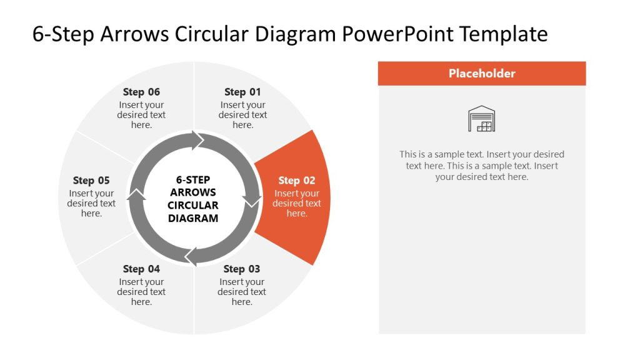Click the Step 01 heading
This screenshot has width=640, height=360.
(x=242, y=92)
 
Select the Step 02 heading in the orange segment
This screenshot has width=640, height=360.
(x=297, y=181)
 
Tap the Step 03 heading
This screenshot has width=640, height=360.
(x=241, y=269)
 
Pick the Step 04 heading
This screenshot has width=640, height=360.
(x=141, y=269)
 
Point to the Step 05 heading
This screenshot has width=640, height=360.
(x=91, y=181)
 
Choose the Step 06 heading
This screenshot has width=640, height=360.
(x=141, y=92)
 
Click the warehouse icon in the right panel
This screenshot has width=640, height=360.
(x=481, y=119)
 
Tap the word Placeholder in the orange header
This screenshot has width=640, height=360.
(x=482, y=73)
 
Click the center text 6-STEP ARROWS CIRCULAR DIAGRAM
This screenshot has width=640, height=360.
(x=193, y=199)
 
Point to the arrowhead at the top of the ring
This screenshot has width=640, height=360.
(x=199, y=140)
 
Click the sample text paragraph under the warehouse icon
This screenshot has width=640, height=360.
(x=482, y=166)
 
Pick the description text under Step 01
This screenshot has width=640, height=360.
(x=242, y=115)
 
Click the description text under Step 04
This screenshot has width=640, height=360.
(x=141, y=292)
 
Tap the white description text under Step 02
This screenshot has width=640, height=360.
(x=297, y=204)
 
